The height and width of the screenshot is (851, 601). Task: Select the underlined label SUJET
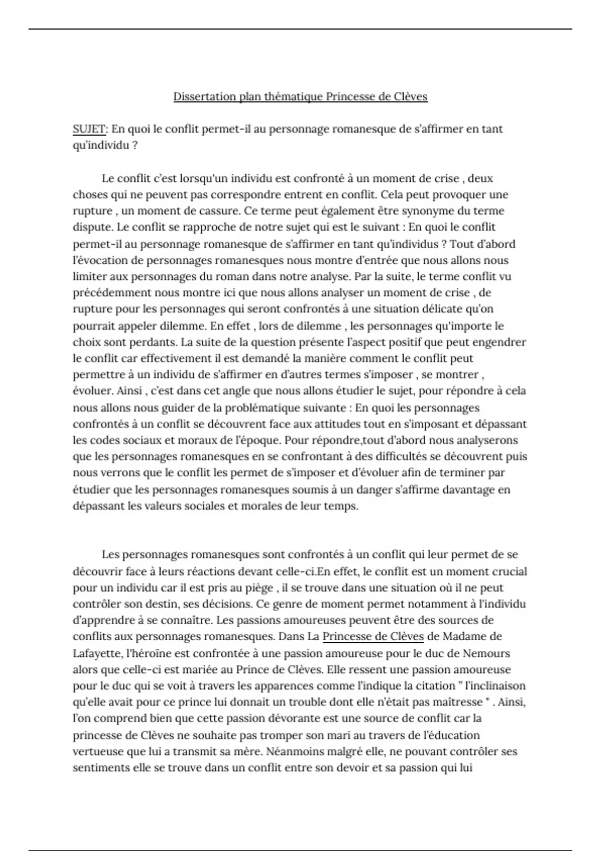tap(89, 129)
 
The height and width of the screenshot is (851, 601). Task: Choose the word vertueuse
tap(99, 751)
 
